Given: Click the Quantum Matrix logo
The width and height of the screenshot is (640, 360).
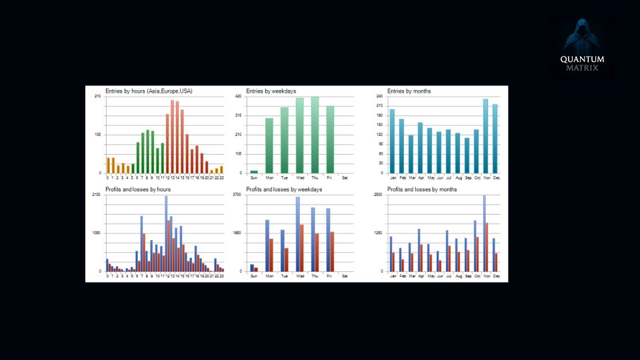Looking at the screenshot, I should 581,48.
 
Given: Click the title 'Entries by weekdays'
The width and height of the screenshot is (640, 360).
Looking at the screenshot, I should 271,91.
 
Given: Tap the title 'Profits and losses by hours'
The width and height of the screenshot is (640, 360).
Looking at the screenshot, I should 139,189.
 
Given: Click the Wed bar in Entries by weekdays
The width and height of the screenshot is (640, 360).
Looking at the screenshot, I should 299,135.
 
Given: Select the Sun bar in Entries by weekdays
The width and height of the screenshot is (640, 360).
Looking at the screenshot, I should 253,171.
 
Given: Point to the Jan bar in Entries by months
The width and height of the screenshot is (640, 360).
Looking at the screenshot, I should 392,141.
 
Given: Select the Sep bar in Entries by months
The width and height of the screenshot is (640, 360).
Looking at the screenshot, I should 467,155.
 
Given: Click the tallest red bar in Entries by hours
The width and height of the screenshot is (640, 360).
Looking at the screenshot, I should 172,137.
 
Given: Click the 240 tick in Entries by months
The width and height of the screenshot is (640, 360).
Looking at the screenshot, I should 379,97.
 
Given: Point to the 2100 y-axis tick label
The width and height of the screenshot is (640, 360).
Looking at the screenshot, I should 97,195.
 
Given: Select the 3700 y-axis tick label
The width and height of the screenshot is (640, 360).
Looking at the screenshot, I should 237,195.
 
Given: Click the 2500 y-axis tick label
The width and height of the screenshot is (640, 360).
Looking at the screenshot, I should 378,195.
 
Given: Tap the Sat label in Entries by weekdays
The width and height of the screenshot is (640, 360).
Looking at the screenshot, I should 344,177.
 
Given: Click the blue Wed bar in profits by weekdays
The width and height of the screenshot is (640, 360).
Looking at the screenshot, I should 297,234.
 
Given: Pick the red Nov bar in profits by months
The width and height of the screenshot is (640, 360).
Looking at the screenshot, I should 487,247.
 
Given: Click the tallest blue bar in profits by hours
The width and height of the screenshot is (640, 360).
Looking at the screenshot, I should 166,233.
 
